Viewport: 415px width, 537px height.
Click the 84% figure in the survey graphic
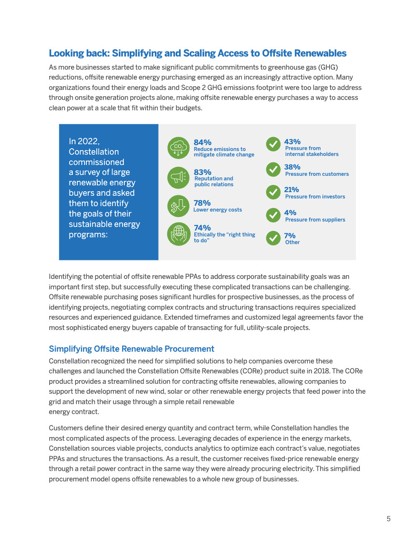click(203, 142)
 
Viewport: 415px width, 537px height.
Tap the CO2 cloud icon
click(178, 148)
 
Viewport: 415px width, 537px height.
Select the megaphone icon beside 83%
click(178, 178)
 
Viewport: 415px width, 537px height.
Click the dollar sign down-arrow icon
click(178, 207)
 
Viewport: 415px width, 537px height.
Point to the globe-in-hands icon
click(178, 234)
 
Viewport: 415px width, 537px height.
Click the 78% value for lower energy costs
click(202, 203)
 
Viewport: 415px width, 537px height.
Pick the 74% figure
click(202, 228)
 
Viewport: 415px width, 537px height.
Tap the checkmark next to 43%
click(273, 144)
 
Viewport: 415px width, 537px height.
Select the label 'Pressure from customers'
click(317, 174)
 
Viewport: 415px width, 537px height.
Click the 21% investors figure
click(292, 190)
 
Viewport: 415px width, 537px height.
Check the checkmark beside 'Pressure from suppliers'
click(273, 215)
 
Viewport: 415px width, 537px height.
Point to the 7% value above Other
click(290, 236)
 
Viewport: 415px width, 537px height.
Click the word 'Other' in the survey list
click(292, 242)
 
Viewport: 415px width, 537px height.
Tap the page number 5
click(388, 519)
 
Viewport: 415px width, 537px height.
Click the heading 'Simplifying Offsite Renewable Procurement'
click(132, 349)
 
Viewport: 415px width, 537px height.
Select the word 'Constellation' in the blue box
click(94, 152)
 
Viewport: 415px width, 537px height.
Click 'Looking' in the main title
click(67, 53)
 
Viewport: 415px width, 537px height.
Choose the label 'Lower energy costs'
click(218, 210)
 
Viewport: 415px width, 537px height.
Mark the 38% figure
click(292, 167)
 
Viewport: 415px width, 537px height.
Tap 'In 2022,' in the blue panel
click(84, 141)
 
